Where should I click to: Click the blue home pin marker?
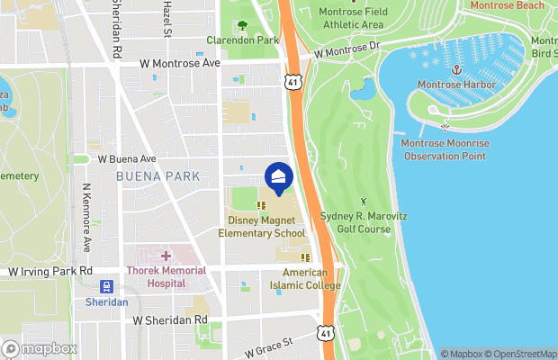(x=278, y=176)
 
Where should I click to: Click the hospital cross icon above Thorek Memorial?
(x=166, y=256)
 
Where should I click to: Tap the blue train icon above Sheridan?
(x=107, y=287)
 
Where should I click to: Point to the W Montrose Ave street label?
(x=180, y=64)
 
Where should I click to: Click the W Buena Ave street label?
(x=127, y=158)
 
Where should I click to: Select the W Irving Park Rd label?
(x=50, y=271)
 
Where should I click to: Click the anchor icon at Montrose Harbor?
(x=456, y=69)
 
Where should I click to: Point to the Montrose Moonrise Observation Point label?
(x=444, y=149)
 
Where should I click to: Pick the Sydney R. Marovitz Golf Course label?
(x=367, y=223)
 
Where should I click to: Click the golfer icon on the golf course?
(x=364, y=201)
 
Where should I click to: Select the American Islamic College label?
(x=310, y=278)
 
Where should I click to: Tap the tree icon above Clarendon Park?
(x=242, y=25)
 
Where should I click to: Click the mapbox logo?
(x=40, y=348)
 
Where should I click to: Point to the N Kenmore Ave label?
(x=86, y=219)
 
